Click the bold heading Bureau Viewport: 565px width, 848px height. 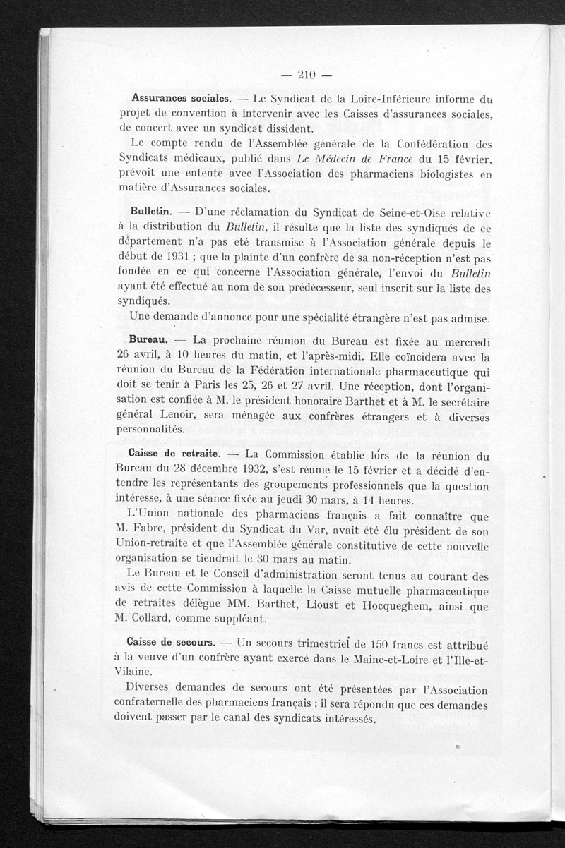(147, 339)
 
